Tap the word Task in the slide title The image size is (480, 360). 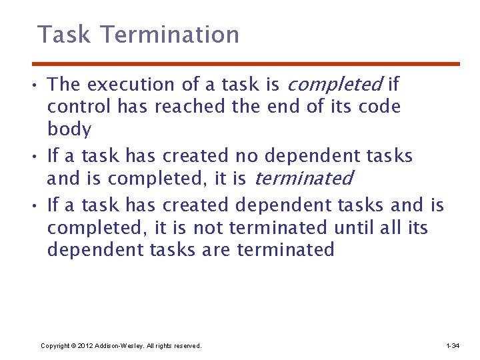point(63,35)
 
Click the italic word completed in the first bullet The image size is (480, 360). point(334,85)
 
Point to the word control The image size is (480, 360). point(79,107)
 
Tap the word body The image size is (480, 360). point(69,129)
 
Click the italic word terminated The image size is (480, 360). point(303,179)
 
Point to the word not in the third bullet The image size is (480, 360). point(208,228)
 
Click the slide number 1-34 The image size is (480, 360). point(452,346)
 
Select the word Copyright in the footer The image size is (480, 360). point(56,346)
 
